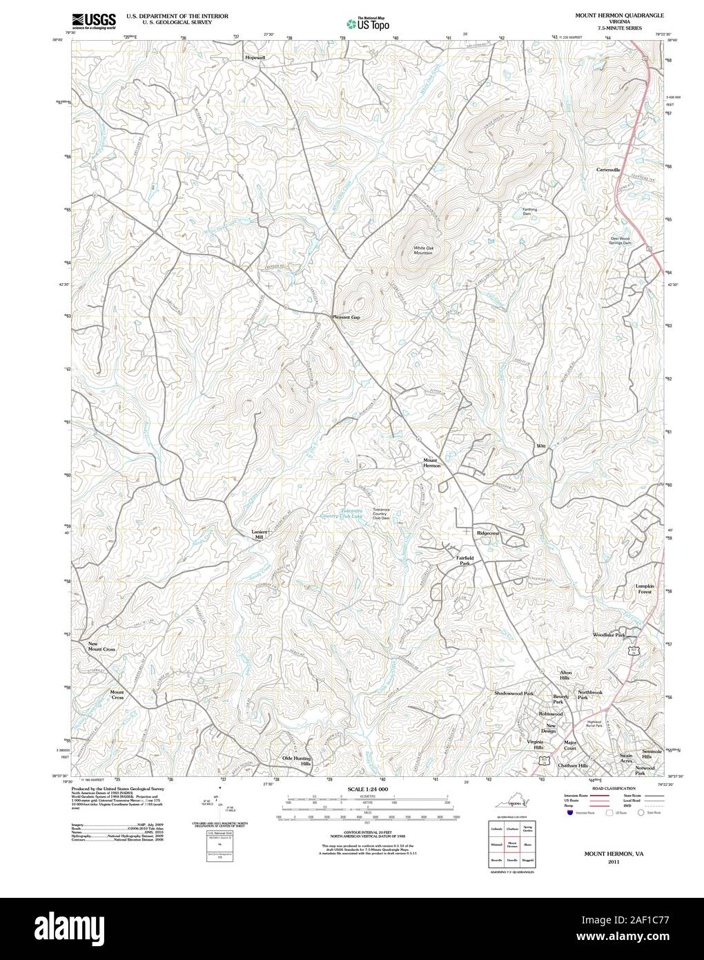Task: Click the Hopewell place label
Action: tap(255, 58)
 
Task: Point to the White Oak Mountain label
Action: tap(423, 250)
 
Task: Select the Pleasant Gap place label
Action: tap(346, 317)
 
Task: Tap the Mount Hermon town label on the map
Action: tap(431, 463)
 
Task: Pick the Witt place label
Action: tap(541, 446)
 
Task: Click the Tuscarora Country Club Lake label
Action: tap(343, 513)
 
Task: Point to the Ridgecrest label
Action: tap(487, 534)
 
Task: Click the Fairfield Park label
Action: tap(465, 560)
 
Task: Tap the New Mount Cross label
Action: tap(101, 647)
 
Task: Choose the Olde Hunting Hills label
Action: tap(297, 761)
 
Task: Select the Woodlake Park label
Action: tap(609, 634)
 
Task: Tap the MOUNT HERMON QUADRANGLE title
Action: tap(614, 15)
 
